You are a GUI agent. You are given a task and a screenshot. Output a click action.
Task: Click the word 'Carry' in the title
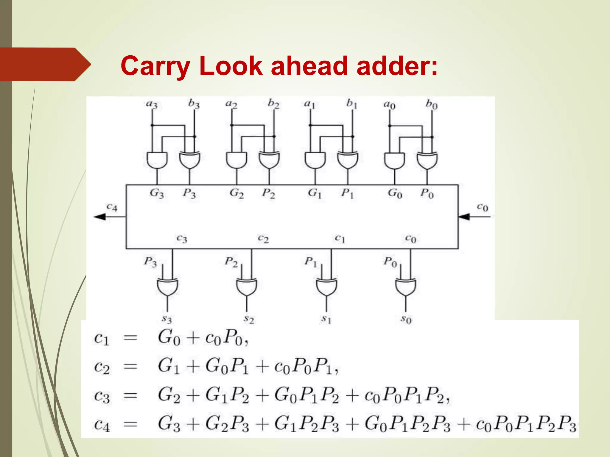coord(155,66)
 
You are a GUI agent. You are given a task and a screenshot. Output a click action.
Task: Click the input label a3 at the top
coord(152,104)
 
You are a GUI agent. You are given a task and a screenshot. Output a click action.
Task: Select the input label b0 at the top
coord(432,104)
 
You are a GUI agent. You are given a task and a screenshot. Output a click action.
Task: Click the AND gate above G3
coord(157,160)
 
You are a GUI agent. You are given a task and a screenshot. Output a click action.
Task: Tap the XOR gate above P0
coord(427,160)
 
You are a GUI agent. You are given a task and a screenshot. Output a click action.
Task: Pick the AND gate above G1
coord(315,160)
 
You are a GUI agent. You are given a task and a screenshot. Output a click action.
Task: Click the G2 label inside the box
coord(237,193)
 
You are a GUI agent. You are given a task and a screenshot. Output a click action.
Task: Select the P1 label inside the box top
coord(347,193)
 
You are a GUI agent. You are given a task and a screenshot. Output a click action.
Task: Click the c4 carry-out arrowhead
coord(100,217)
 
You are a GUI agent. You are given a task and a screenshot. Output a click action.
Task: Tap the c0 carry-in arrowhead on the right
coord(464,217)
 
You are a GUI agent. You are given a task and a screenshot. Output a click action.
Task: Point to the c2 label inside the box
coord(263,239)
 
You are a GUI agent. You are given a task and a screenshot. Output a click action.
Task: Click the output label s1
coord(326,320)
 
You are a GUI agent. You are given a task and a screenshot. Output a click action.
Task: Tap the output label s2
coord(249,320)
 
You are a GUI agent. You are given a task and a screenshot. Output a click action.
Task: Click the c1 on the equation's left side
coord(102,339)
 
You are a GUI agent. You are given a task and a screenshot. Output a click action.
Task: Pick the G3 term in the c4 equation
coord(169,424)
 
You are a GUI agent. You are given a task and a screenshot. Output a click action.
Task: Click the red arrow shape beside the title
coord(45,64)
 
